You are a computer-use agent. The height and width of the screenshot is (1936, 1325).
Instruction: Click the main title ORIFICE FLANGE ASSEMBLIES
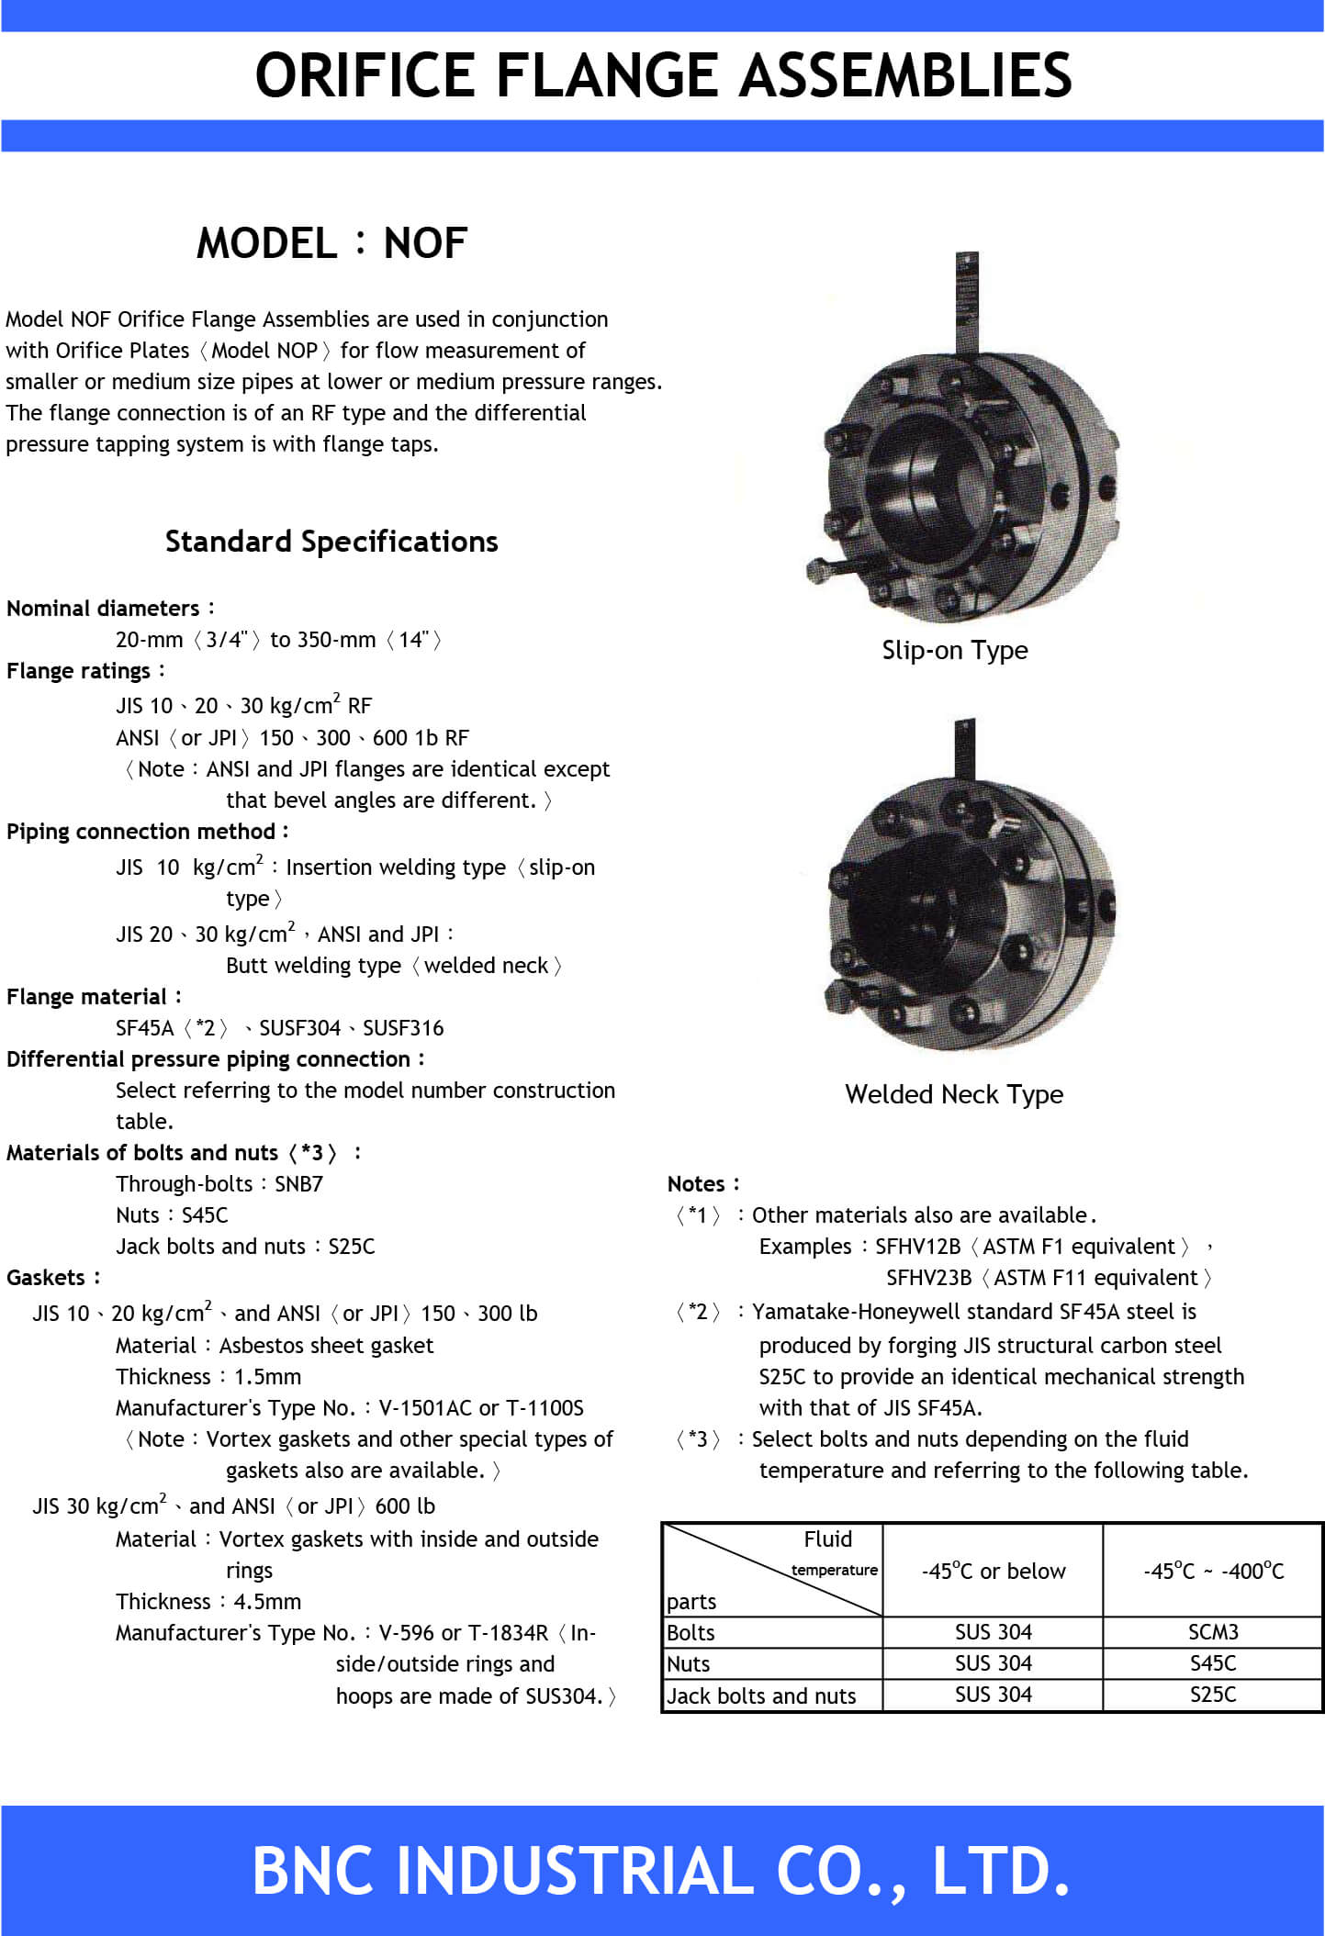point(663,75)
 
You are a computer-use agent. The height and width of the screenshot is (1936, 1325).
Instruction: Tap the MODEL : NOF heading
point(331,244)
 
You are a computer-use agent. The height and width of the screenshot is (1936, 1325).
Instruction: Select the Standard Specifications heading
point(331,542)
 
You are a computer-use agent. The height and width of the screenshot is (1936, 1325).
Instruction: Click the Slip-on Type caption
point(954,650)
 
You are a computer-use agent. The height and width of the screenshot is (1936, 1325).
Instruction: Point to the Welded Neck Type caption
point(954,1094)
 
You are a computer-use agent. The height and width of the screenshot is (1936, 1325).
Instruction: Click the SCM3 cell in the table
point(1212,1632)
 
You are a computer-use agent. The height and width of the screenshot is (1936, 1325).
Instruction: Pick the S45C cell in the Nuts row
point(1212,1663)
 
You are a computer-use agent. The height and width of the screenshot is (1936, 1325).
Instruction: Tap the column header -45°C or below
point(993,1572)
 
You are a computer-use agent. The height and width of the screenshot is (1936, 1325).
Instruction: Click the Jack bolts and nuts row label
point(761,1695)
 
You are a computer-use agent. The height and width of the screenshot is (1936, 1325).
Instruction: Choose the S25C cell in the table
point(1212,1695)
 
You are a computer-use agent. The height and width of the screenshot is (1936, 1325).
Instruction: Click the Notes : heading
point(702,1184)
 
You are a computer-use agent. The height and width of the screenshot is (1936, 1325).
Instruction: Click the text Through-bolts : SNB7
point(219,1184)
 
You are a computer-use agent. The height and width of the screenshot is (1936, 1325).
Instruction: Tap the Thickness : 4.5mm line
point(208,1602)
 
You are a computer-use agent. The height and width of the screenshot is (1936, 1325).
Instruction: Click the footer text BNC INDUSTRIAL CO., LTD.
point(661,1871)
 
